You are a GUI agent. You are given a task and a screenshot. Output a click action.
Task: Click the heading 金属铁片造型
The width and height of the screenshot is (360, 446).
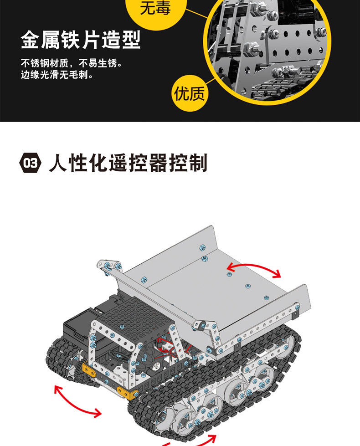pos(81,40)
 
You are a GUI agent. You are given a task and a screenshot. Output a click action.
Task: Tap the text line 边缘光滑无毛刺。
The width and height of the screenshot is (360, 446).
pos(57,74)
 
